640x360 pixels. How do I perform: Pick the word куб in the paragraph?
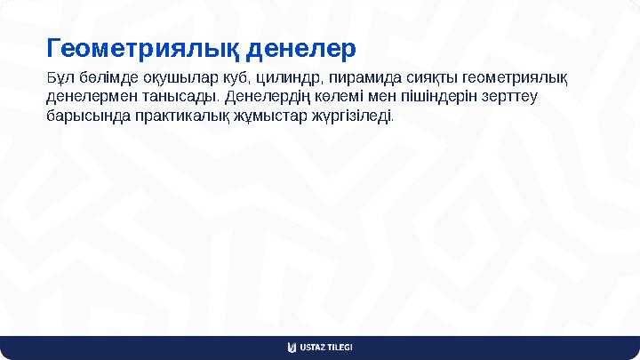tap(228, 77)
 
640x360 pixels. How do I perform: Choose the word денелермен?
tap(87, 97)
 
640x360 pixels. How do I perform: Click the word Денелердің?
tap(266, 97)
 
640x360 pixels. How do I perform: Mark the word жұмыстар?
tap(270, 116)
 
